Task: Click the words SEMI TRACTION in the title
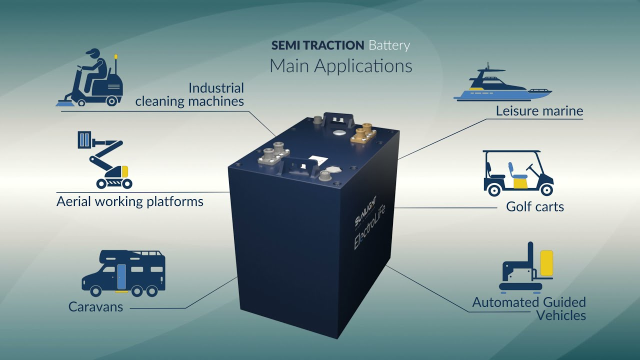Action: click(317, 45)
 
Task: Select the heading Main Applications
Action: click(341, 66)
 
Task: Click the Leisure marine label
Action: click(539, 111)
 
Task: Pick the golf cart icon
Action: click(518, 173)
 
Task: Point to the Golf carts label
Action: click(535, 206)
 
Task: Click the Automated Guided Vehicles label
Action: click(529, 308)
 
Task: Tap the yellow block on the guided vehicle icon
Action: click(546, 263)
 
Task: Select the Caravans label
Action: click(95, 306)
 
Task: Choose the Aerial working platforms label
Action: click(130, 201)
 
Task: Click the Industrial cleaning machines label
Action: click(190, 94)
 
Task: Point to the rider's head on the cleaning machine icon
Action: click(93, 54)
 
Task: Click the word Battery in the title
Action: click(389, 45)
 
